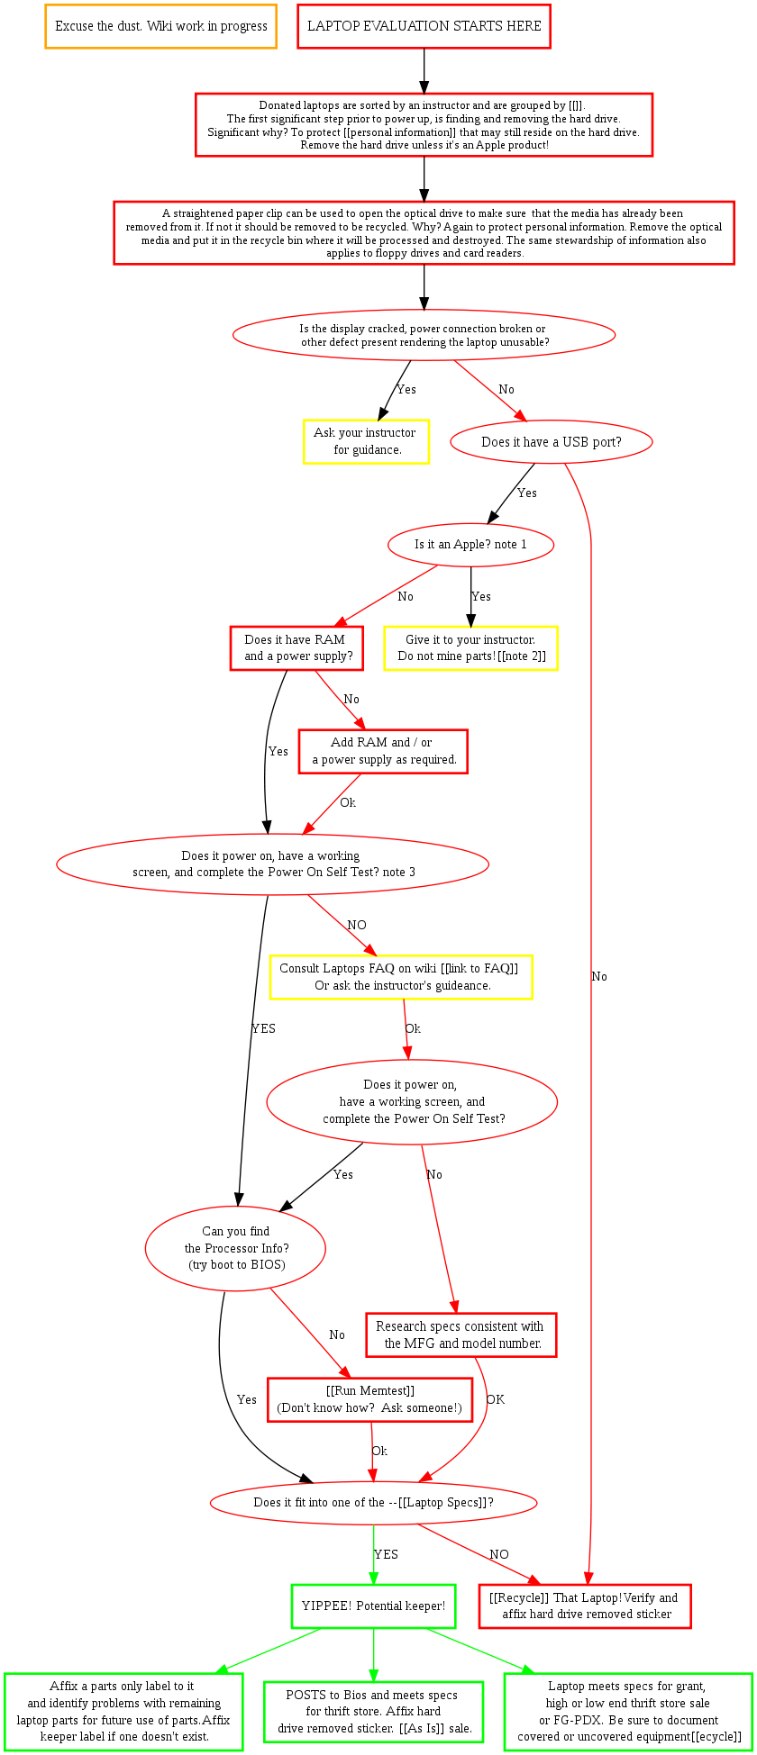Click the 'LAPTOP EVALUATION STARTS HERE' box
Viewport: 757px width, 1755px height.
[424, 26]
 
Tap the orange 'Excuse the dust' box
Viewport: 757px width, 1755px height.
[160, 26]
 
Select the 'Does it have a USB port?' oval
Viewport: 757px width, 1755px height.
[551, 442]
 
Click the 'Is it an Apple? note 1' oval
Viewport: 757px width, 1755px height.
[470, 545]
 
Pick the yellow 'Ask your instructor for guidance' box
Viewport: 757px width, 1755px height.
[366, 441]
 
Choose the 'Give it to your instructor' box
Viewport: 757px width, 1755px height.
[470, 648]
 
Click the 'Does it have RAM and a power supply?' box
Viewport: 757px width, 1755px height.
[296, 648]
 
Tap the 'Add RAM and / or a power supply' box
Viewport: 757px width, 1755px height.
[384, 751]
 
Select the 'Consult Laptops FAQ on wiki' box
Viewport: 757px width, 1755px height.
[401, 977]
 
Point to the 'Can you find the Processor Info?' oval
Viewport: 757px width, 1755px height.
[235, 1248]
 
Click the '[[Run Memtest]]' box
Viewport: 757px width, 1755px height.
[369, 1399]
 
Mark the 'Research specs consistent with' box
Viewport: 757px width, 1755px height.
[461, 1334]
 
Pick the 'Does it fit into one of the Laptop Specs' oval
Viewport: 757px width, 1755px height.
[373, 1503]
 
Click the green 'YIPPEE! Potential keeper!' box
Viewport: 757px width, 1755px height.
[373, 1606]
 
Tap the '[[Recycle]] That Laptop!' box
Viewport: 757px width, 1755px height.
[585, 1606]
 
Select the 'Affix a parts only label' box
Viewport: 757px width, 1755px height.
[123, 1699]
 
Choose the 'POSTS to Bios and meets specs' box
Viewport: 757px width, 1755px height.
[373, 1699]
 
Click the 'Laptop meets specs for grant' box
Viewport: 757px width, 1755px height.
[628, 1699]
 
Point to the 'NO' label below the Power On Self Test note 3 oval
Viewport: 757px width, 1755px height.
[357, 925]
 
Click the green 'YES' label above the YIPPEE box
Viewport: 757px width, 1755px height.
[386, 1554]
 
